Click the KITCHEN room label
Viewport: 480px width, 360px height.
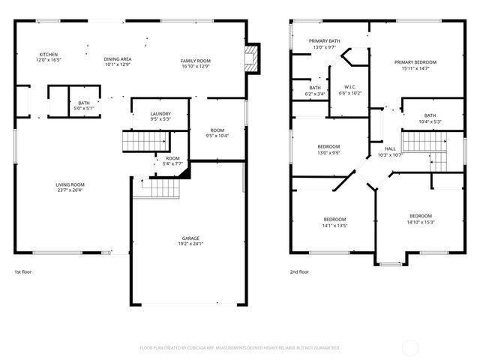[x=49, y=55]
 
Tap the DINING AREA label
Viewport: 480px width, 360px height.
[x=118, y=58]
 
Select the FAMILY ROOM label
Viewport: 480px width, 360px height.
[x=195, y=60]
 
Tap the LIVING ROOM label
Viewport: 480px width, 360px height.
[x=70, y=184]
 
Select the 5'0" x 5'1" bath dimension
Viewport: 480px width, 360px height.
[x=83, y=108]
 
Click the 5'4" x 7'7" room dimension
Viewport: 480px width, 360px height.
[x=173, y=163]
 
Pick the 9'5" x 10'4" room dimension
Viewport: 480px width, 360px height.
[x=217, y=136]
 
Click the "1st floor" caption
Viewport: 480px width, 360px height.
[x=24, y=271]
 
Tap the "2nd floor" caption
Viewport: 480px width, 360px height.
[x=299, y=271]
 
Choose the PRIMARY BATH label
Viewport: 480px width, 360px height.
[x=325, y=41]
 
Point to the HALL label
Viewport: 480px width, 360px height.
[x=390, y=148]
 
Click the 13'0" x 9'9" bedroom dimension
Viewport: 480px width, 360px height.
[x=328, y=152]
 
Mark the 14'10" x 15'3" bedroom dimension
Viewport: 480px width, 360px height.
[x=420, y=221]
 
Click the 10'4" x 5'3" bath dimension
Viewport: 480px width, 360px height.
[x=430, y=121]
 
